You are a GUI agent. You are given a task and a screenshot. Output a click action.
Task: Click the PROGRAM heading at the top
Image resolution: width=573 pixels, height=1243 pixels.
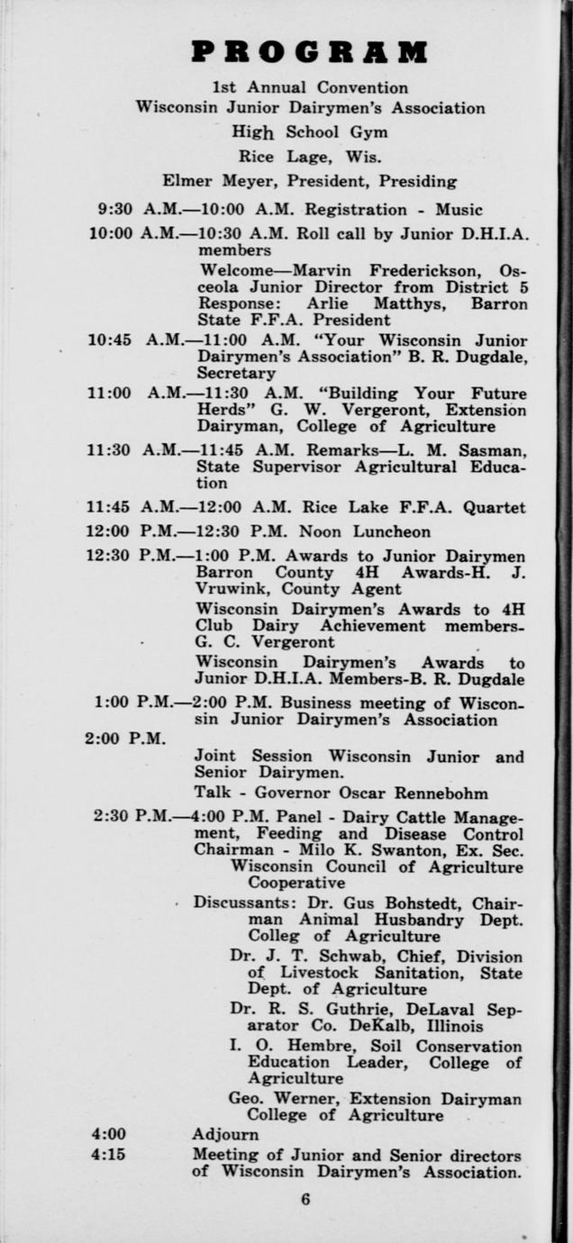pyautogui.click(x=309, y=52)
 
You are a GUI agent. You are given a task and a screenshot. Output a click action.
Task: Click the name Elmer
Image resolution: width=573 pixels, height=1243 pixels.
pyautogui.click(x=186, y=180)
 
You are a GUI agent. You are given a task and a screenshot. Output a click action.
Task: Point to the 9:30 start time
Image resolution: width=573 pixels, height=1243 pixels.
pyautogui.click(x=114, y=210)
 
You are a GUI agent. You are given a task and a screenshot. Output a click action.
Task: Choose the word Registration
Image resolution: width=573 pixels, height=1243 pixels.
pyautogui.click(x=356, y=210)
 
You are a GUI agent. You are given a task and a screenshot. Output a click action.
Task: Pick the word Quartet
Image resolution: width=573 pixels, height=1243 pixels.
pyautogui.click(x=494, y=508)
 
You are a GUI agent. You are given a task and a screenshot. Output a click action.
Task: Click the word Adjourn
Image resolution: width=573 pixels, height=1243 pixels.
pyautogui.click(x=225, y=1135)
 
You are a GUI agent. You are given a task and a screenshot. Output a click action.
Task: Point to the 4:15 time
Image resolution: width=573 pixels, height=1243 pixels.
pyautogui.click(x=108, y=1154)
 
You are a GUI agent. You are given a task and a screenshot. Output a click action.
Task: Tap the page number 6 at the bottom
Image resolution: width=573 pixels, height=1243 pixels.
pyautogui.click(x=305, y=1199)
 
